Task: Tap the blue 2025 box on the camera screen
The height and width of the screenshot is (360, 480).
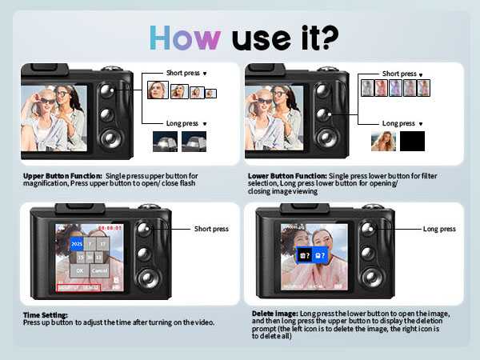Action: [77, 243]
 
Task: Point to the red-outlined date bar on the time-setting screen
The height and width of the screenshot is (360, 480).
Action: [78, 286]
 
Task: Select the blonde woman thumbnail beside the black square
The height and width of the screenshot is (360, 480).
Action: [383, 142]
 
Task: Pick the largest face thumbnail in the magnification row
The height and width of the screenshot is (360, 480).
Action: [157, 90]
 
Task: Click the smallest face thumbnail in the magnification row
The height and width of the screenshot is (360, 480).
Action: [210, 93]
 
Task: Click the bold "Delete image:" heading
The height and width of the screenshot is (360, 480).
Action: [276, 315]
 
